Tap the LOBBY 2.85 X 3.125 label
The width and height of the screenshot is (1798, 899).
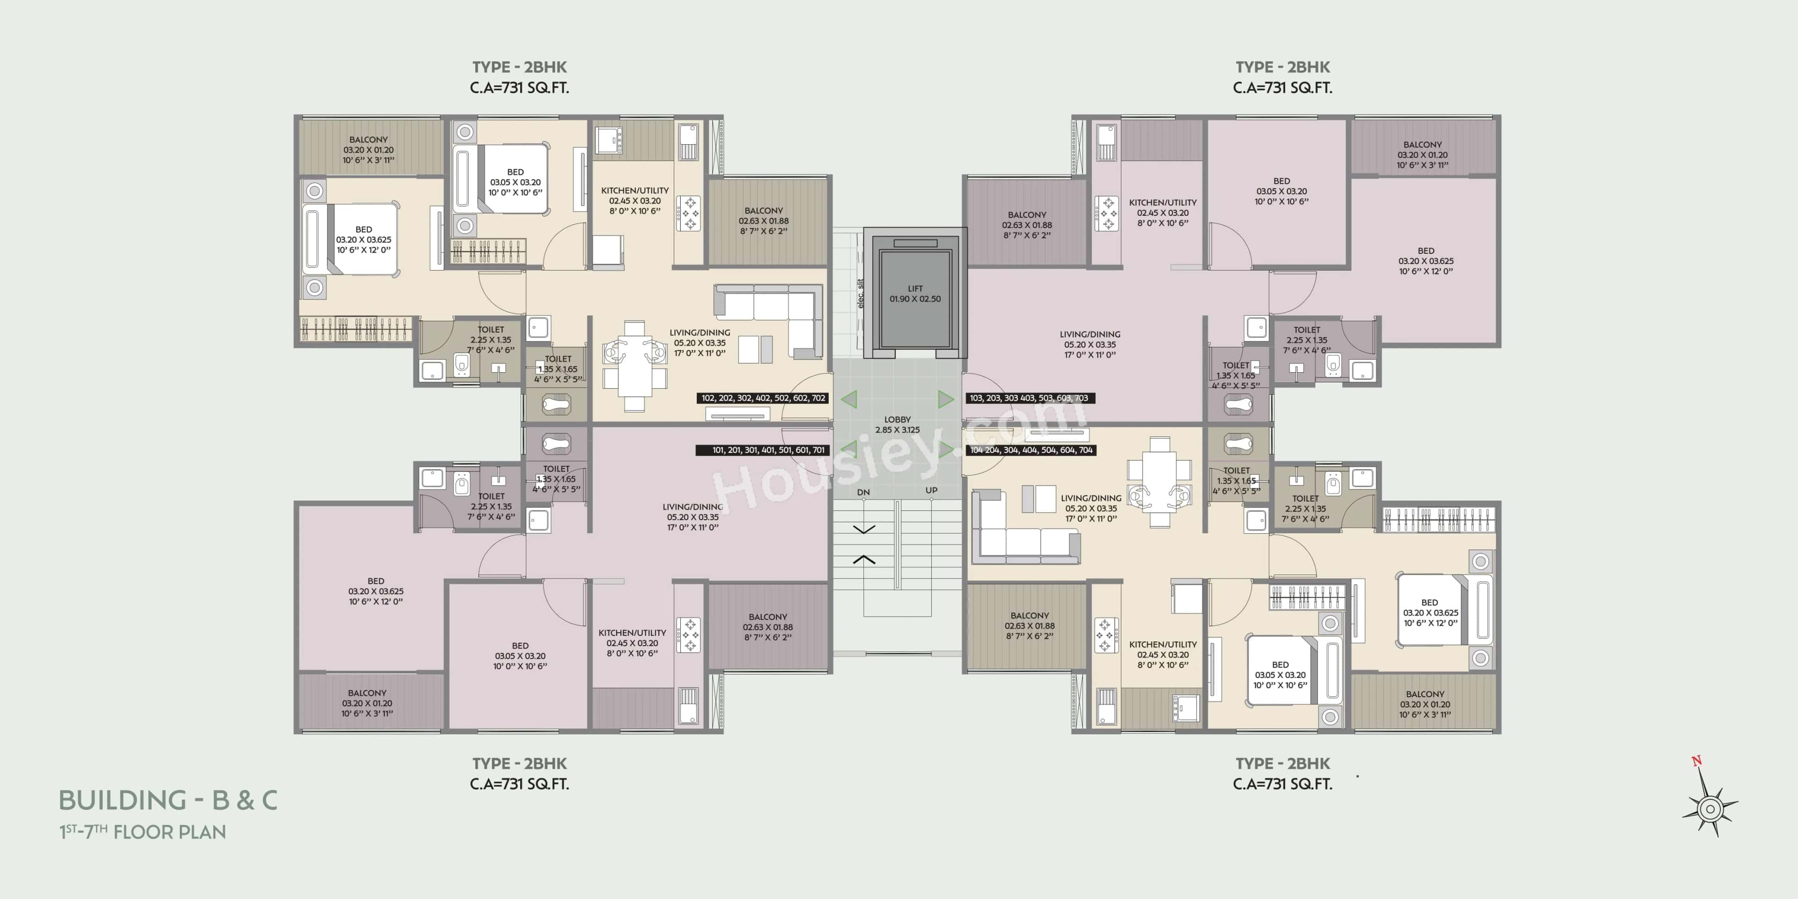[x=897, y=424]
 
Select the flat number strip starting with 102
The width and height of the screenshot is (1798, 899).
[x=763, y=398]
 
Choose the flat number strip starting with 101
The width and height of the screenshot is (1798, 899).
[x=763, y=450]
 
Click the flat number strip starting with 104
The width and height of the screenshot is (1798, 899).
[x=1030, y=450]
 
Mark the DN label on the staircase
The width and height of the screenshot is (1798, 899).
[x=863, y=492]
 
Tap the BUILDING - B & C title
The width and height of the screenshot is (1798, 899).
[x=168, y=800]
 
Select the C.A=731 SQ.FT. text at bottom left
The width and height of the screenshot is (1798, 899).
[x=519, y=784]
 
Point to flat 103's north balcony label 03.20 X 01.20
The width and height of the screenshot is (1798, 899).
[x=1422, y=155]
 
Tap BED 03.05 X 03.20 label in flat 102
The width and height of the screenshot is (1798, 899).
[x=515, y=182]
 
